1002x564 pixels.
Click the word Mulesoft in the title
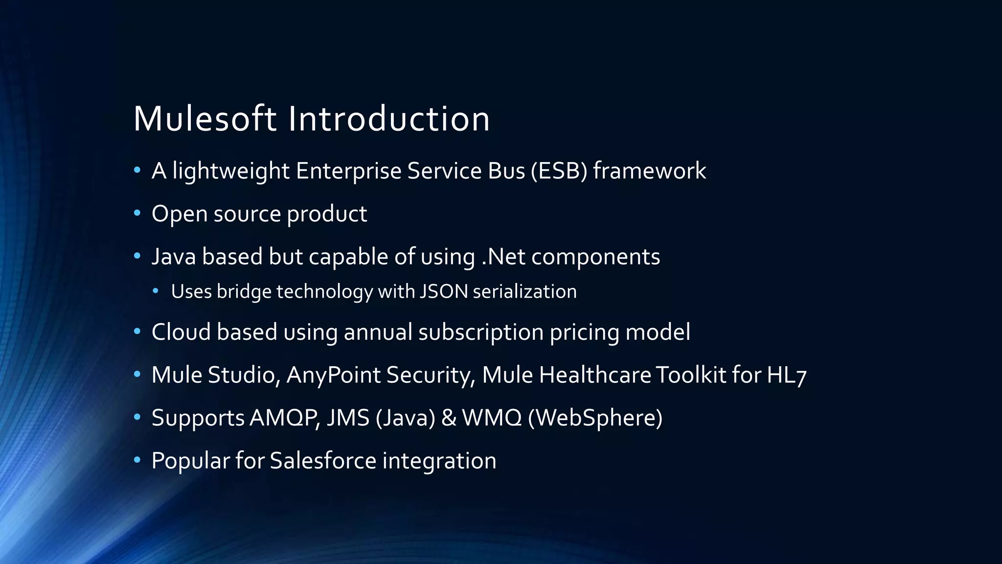(205, 119)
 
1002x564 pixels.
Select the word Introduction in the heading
(389, 119)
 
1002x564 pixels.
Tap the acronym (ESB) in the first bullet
(559, 171)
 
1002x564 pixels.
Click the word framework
(649, 171)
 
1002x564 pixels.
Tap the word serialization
(524, 292)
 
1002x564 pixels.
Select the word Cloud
(181, 332)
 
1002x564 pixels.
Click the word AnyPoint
(333, 375)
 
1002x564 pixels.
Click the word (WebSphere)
(595, 418)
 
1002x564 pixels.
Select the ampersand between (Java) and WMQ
(449, 418)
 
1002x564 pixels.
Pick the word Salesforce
(323, 461)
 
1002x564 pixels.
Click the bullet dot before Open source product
(137, 213)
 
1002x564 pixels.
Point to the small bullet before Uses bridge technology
(156, 291)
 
